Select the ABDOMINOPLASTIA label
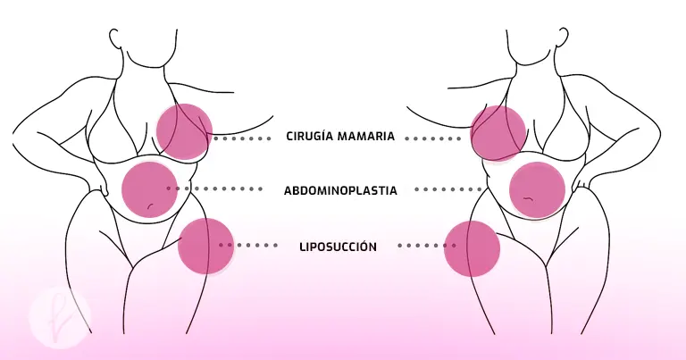[340, 190]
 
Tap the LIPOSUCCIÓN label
[339, 246]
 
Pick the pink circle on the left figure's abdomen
[149, 188]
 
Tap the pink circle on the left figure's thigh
[205, 245]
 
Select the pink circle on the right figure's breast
[498, 133]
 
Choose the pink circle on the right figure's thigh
[472, 247]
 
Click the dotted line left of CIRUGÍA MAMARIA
[241, 138]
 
